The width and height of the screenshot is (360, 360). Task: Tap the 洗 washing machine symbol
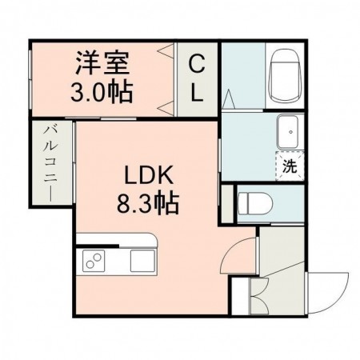tap(290, 167)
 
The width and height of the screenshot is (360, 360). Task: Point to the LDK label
tap(145, 174)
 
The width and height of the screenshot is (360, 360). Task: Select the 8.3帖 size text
tap(145, 202)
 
